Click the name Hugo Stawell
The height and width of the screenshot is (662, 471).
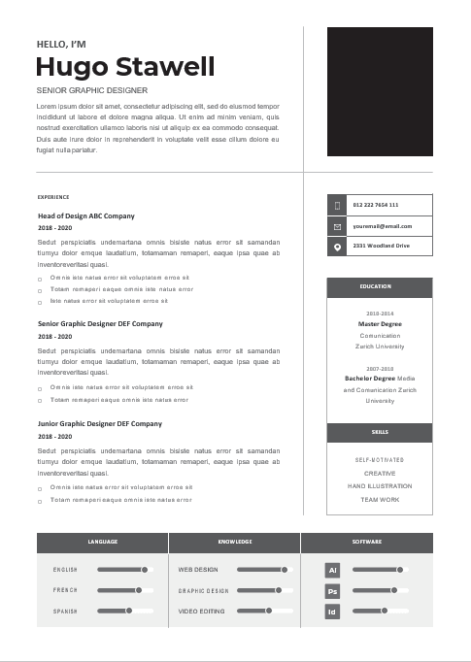coord(124,66)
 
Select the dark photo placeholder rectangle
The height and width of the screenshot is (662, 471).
coord(380,91)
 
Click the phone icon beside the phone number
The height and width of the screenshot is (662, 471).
coord(337,205)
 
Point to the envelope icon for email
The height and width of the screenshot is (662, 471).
coord(337,226)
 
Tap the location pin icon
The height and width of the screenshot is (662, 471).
coord(337,247)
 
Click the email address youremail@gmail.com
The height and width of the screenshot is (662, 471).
coord(383,226)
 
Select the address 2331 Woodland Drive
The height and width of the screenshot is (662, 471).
coord(381,247)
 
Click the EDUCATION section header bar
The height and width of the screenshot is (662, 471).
coord(380,287)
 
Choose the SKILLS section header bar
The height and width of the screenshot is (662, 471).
coord(380,432)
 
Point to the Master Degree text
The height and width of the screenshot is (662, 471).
coord(380,324)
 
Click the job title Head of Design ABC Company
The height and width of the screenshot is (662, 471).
coord(85,215)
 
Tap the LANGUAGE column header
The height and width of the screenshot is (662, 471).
coord(102,542)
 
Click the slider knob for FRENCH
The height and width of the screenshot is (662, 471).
coord(139,590)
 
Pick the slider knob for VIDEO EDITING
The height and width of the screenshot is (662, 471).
coord(269,611)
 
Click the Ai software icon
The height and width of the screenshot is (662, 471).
coord(332,570)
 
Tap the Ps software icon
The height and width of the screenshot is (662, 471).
coord(332,590)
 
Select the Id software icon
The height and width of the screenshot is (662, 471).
coord(332,612)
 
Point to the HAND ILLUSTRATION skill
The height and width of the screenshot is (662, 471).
coord(380,485)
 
